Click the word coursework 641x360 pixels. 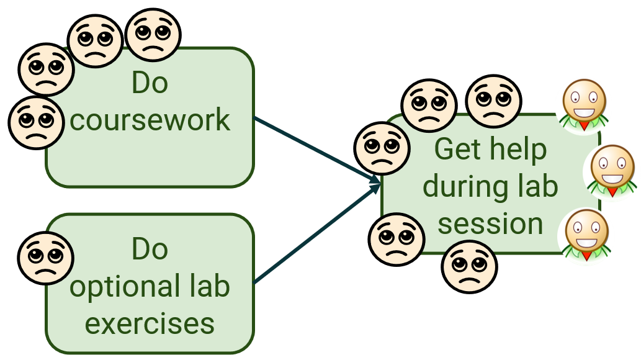coord(150,120)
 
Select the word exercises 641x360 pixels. coord(150,323)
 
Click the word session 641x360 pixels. coord(490,223)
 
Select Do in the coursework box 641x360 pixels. coord(150,83)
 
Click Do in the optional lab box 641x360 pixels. coord(150,249)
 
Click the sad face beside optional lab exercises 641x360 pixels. coord(47,258)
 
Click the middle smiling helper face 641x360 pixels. coord(612,169)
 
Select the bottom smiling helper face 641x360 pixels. coord(586,234)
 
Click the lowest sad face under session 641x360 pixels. coord(470,266)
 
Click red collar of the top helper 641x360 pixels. coord(584,126)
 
